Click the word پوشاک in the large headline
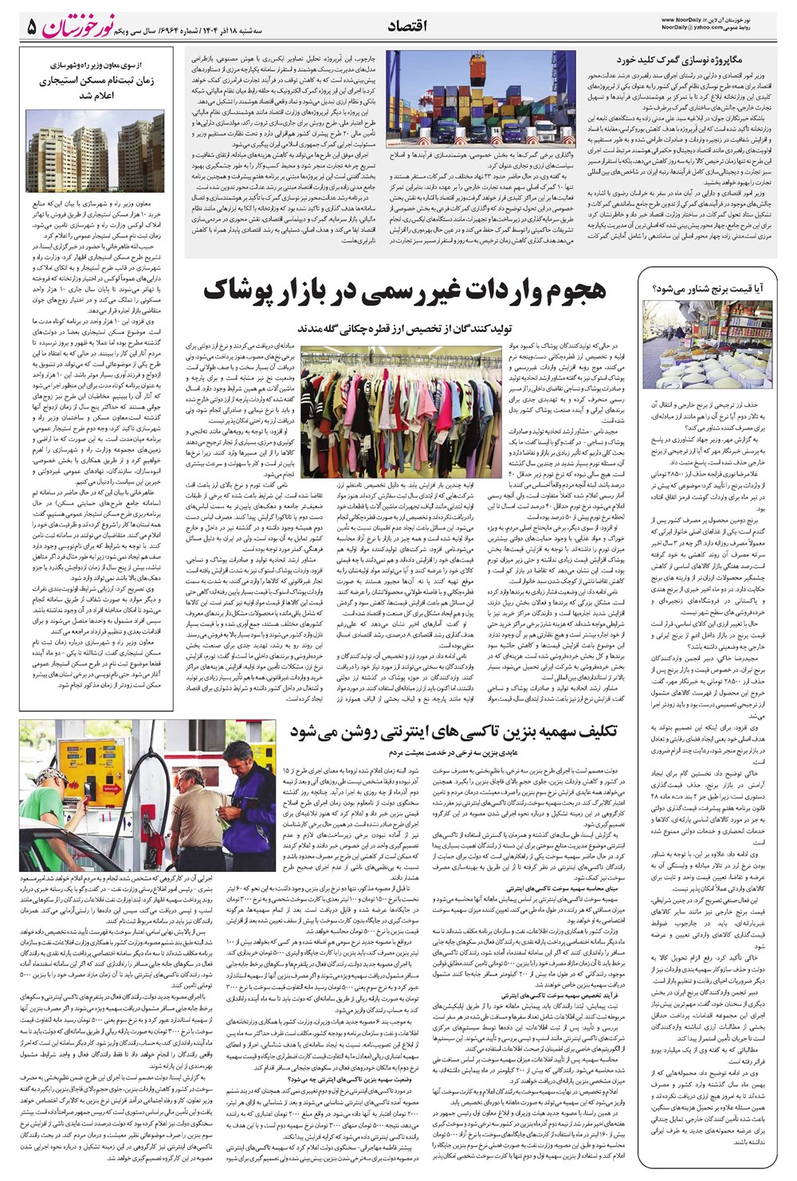click(247, 291)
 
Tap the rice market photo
click(707, 344)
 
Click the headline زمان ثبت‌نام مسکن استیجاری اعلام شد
click(96, 88)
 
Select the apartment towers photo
click(96, 151)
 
